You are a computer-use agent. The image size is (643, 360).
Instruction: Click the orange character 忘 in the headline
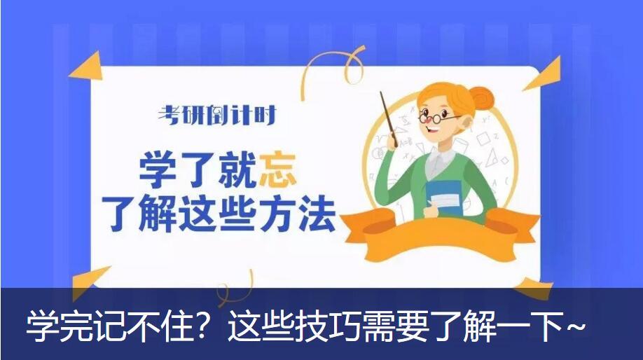(278, 170)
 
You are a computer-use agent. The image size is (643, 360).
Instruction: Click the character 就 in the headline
(239, 170)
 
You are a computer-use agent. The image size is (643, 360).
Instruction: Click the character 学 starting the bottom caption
(43, 327)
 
